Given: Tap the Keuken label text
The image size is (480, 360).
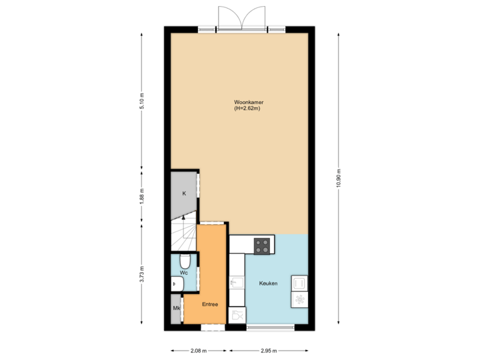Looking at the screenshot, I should pos(268,284).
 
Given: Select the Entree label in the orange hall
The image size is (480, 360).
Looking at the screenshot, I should pos(210,304).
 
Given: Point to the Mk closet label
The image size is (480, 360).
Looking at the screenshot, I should pos(177,308).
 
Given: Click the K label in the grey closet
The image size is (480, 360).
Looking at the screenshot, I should pos(184,194).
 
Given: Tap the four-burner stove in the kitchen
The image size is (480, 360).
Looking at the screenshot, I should pos(263,246).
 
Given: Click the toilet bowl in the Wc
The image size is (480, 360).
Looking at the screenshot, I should pos(184,260).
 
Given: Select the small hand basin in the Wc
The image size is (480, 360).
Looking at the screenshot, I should pos(176,284).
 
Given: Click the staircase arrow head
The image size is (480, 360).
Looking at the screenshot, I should pos(183,217).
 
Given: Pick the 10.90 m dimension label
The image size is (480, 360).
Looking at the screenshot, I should pos(339,178).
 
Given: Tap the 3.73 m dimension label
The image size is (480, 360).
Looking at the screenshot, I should pos(141,274).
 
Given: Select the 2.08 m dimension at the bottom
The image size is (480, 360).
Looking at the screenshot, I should pos(199,350).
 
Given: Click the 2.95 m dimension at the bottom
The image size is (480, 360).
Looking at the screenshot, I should pos(269,350).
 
